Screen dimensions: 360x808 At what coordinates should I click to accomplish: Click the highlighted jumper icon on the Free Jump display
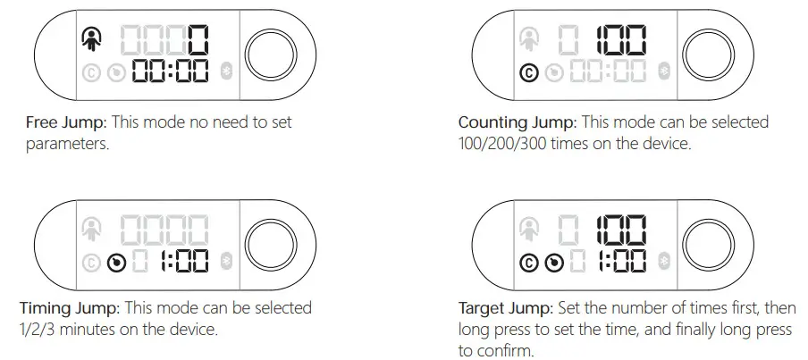90,38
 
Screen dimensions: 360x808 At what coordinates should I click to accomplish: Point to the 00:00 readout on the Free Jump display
172,72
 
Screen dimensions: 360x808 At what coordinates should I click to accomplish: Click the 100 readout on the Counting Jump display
622,38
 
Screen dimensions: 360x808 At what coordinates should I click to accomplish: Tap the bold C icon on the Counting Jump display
528,72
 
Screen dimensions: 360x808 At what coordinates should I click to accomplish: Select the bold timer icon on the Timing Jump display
114,262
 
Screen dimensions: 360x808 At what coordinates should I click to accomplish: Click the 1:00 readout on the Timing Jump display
183,262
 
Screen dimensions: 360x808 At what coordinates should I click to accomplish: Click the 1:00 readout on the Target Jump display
622,263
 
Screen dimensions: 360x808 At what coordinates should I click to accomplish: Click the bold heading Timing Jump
68,308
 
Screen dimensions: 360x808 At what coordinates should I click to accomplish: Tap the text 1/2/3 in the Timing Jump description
39,329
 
